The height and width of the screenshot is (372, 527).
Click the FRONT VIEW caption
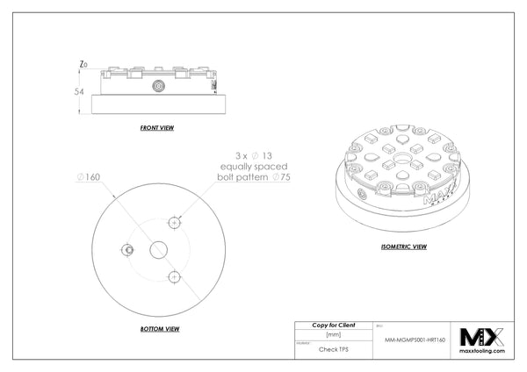(x=157, y=128)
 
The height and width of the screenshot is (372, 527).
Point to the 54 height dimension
(x=78, y=90)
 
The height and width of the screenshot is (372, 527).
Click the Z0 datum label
(x=82, y=64)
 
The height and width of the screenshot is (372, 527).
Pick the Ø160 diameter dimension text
(x=88, y=177)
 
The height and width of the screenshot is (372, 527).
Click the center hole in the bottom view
(x=160, y=249)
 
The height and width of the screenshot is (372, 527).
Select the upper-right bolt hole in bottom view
(x=176, y=223)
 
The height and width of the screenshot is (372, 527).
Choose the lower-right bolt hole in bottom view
(x=176, y=277)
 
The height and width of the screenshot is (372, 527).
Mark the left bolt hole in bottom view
(x=129, y=250)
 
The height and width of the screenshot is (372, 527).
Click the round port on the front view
(x=159, y=86)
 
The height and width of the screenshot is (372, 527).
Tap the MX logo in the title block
(x=487, y=335)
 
